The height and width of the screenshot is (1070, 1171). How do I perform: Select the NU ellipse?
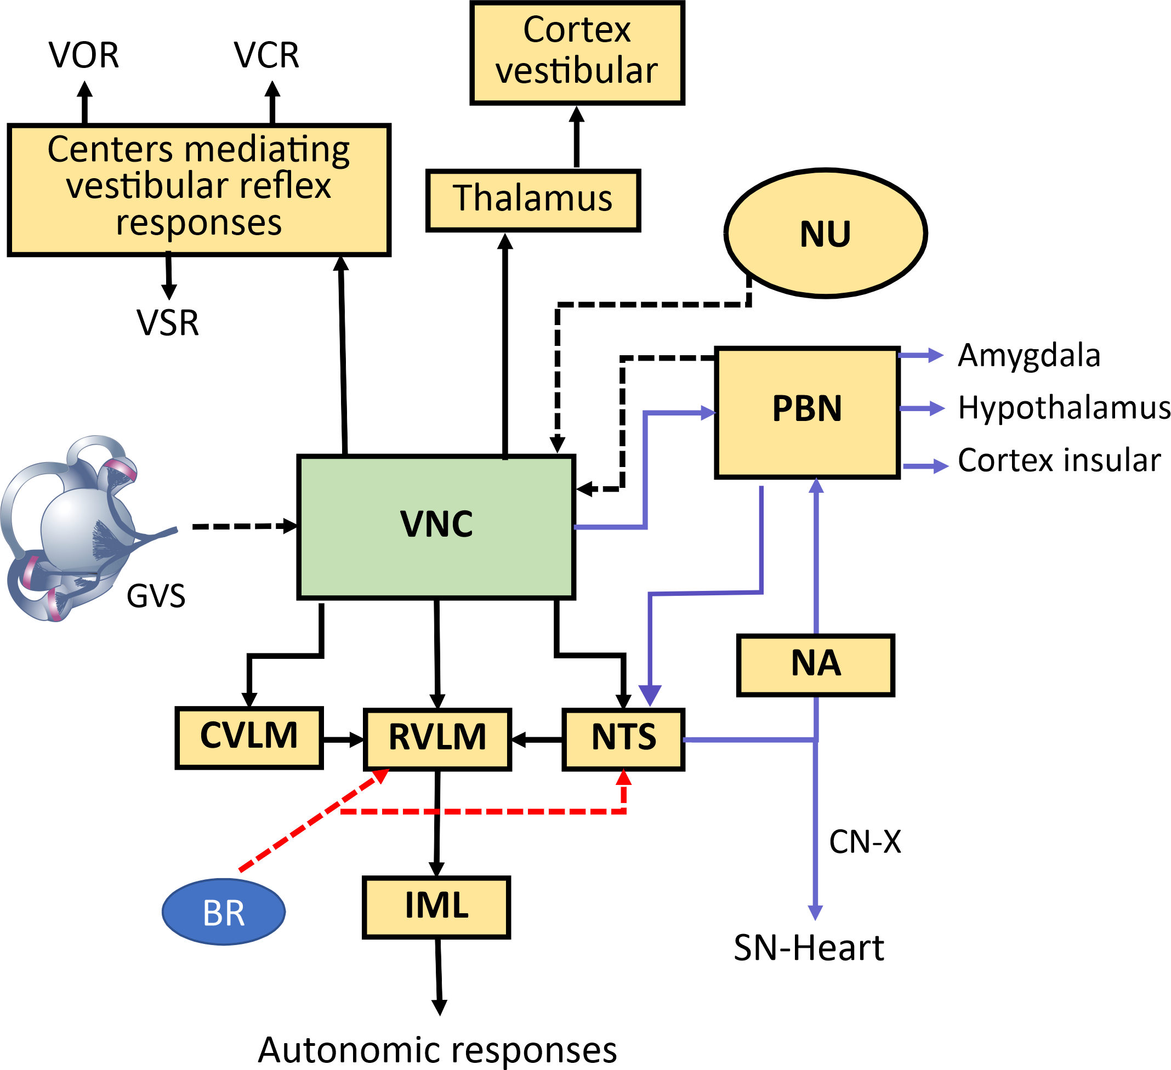point(826,234)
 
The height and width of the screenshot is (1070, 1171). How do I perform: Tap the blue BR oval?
point(224,912)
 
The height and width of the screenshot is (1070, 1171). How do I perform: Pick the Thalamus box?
point(533,201)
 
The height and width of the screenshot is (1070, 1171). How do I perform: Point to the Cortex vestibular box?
point(577,53)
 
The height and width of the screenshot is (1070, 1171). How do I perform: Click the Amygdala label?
point(1028,356)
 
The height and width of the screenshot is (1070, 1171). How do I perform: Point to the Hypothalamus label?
point(1063,408)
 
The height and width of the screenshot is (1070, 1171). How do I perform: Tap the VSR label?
point(168,323)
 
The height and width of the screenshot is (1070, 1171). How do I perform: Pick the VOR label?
point(84,56)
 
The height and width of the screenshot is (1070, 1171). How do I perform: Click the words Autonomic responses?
point(437,1050)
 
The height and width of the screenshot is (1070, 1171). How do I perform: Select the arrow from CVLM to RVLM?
point(343,740)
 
